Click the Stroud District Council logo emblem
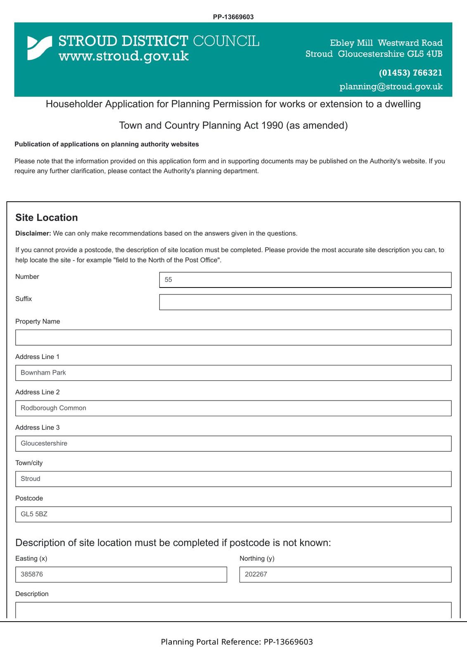coord(40,48)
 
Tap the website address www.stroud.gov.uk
coord(123,56)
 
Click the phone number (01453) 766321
coord(410,73)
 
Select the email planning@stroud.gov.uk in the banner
coord(391,87)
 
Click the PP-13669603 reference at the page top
coord(233,17)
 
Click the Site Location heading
coord(47,218)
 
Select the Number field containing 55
coord(305,280)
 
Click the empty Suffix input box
coord(305,302)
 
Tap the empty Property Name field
coord(233,337)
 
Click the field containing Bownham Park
coord(233,373)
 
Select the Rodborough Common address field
coord(233,408)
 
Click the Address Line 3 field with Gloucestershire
coord(233,443)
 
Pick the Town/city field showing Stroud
coord(233,479)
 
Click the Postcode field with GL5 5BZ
coord(233,514)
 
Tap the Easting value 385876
coord(121,575)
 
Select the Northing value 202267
coord(345,575)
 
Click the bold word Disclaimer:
coord(33,233)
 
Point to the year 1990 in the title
coord(272,125)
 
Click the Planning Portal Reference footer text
coord(237,642)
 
